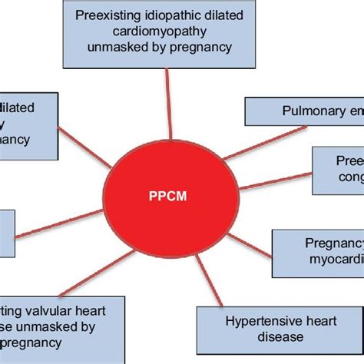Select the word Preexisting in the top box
point(107,13)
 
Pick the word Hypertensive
point(247,319)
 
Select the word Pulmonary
point(289,112)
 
